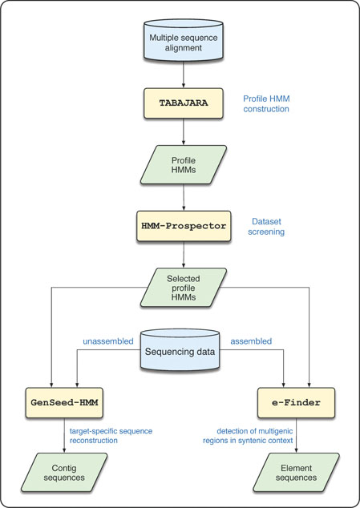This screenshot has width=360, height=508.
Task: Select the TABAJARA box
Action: (184, 103)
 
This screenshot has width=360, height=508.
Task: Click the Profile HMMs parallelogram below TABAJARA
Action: (184, 163)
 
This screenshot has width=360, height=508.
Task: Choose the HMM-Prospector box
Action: (184, 226)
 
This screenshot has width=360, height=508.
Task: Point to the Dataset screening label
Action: (262, 226)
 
